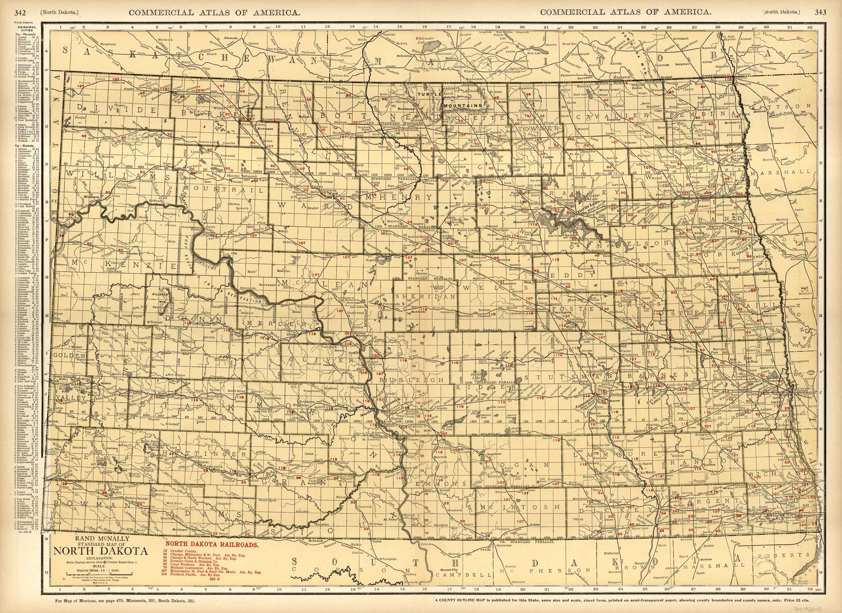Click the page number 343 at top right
pyautogui.click(x=820, y=12)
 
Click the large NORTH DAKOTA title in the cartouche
pyautogui.click(x=101, y=551)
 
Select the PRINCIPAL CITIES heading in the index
pyautogui.click(x=29, y=29)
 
